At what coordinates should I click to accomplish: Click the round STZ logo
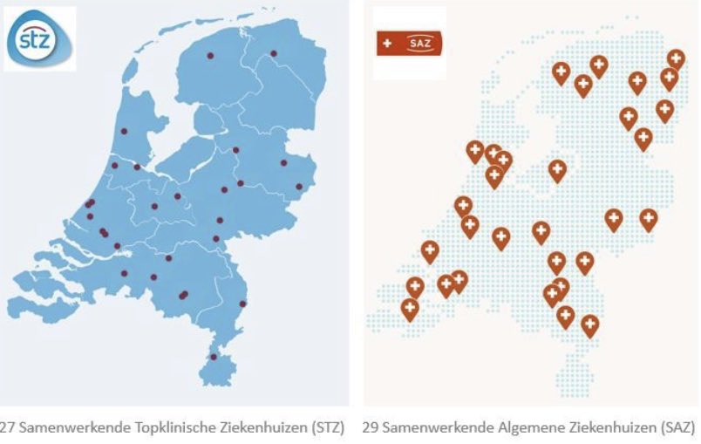click(39, 38)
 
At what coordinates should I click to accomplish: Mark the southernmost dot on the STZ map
click(214, 357)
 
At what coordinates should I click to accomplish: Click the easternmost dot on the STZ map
click(299, 186)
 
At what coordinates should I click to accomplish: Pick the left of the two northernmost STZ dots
click(209, 56)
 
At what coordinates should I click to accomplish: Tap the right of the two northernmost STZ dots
click(273, 53)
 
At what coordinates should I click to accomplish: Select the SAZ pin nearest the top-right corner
click(676, 58)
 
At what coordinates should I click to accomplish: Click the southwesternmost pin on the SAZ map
click(410, 307)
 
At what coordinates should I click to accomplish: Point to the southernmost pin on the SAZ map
click(590, 324)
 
